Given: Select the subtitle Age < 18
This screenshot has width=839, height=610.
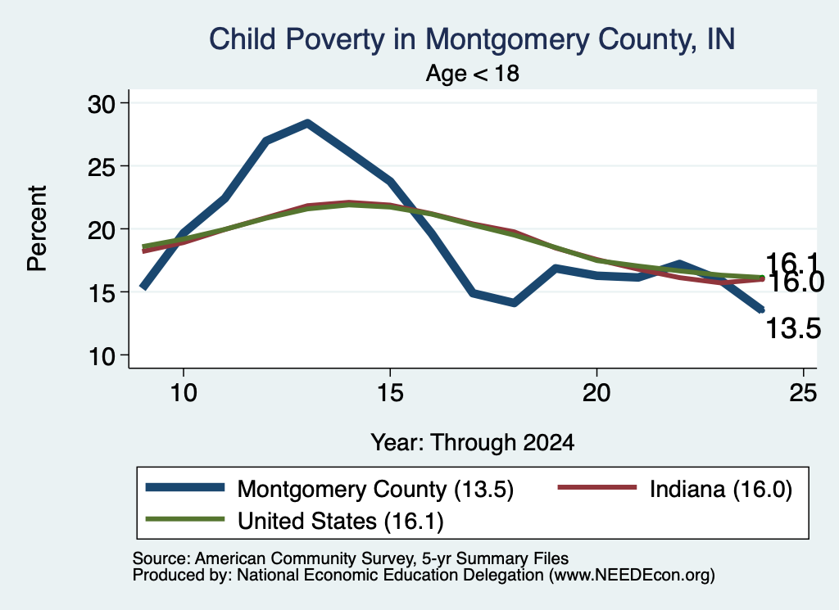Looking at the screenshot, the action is coord(473,73).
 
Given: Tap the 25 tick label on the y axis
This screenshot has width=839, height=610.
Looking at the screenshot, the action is coord(102,167).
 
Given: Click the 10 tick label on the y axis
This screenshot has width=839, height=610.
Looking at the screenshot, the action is coord(102,356).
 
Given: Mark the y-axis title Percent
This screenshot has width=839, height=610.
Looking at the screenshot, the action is coord(37,228).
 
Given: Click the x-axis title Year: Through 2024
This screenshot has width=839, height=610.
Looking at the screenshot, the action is coord(473,443).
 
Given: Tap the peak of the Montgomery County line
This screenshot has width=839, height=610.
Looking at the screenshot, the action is coord(307,124).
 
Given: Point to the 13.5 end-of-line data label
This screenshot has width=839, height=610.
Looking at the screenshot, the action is coord(793,328).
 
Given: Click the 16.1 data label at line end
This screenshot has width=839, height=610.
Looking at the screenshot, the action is coord(792,263).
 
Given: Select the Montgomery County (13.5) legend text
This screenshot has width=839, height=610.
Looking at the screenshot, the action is coord(375,489).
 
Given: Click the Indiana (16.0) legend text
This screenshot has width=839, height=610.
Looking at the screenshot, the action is coord(721,489).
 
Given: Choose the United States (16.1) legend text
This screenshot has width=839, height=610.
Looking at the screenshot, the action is coord(341,522).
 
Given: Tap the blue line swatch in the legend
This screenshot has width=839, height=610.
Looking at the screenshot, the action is coord(184,487).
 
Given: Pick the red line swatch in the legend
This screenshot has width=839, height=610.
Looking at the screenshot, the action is coord(597,487).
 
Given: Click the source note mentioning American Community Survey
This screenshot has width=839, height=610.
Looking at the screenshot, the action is coord(351,558).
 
